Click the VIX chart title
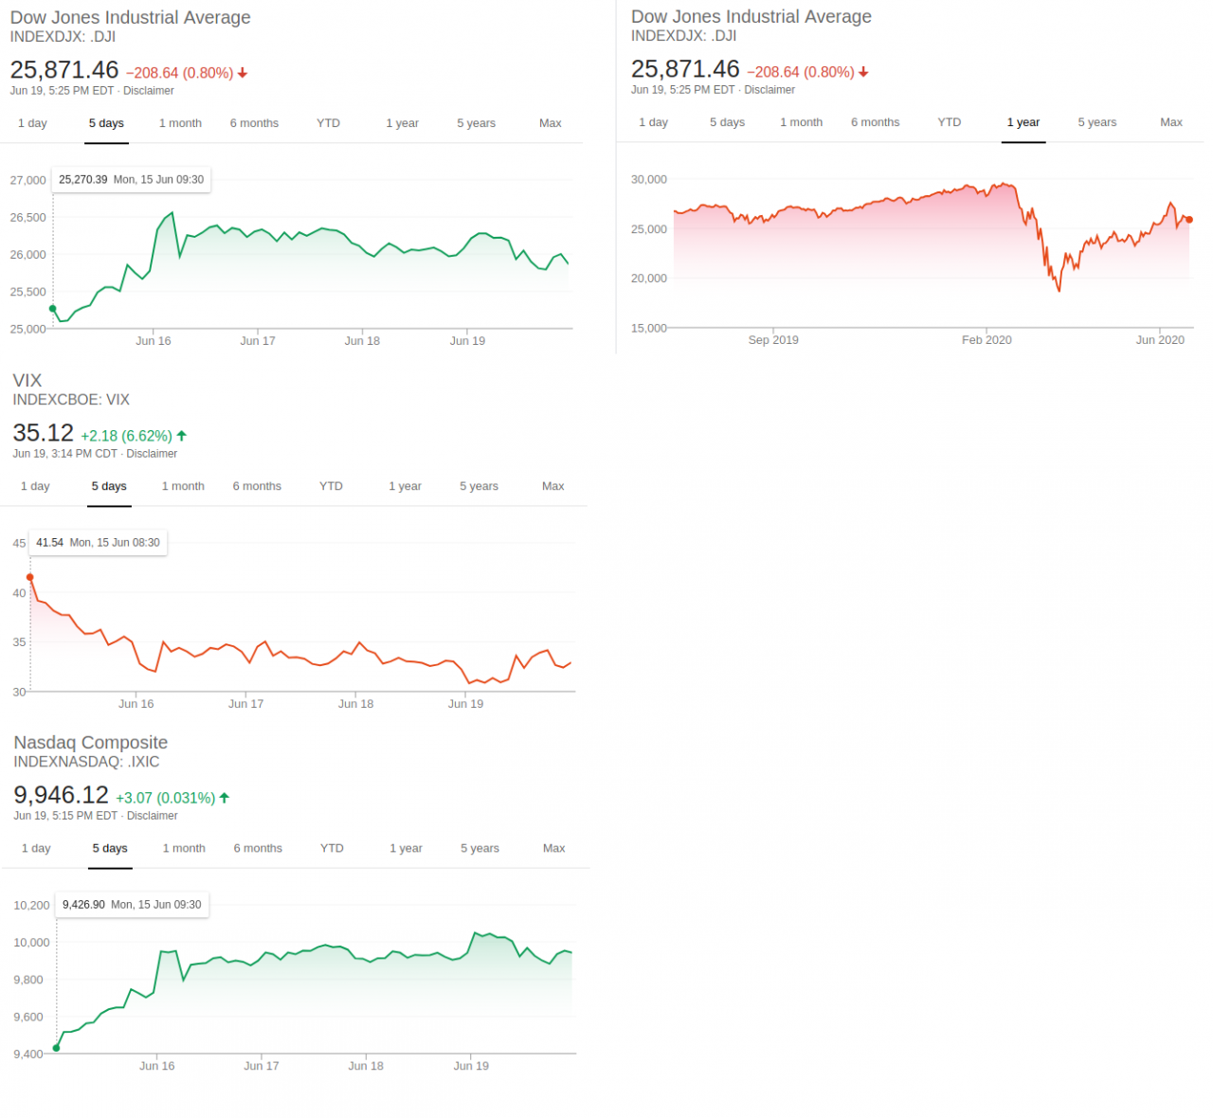coord(27,380)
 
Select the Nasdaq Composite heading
coord(91,743)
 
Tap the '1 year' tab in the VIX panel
coord(405,486)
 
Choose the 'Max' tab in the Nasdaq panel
coord(553,848)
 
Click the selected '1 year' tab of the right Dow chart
coord(1023,122)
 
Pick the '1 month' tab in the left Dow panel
coord(180,123)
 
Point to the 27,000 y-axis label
coord(28,180)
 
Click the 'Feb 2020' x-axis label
coord(987,340)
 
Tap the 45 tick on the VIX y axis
coord(19,543)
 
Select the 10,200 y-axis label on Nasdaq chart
coord(31,905)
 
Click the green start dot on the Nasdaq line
coord(57,1048)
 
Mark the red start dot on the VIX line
coord(30,577)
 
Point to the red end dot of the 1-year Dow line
coord(1189,220)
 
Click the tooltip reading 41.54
coord(98,543)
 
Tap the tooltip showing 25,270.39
coord(131,179)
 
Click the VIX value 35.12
coord(44,433)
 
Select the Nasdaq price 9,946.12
coord(62,795)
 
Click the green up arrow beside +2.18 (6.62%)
coord(182,436)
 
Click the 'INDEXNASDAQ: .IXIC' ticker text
coord(86,762)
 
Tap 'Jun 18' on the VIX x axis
coord(355,704)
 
